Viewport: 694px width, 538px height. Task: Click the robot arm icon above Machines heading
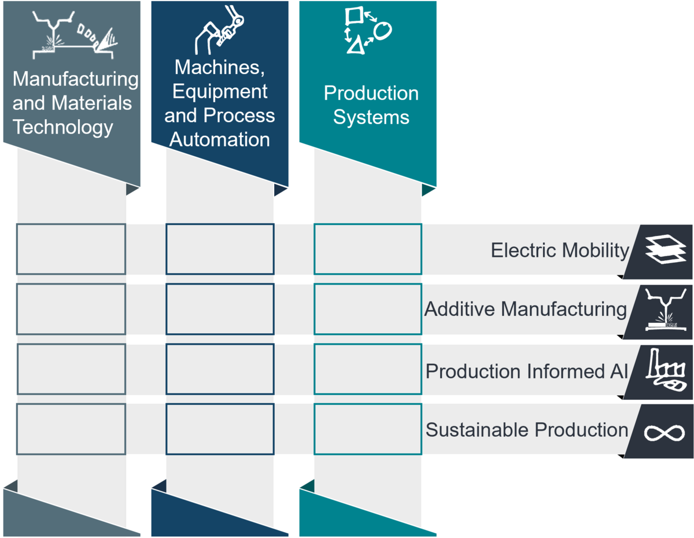[219, 30]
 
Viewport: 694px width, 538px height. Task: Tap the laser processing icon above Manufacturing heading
[75, 35]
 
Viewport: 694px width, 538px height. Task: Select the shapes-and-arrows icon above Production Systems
[368, 30]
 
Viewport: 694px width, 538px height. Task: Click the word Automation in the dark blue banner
[220, 139]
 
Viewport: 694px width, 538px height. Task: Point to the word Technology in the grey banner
[63, 127]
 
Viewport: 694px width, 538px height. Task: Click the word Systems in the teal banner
[371, 117]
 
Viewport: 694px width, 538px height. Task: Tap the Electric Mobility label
[560, 250]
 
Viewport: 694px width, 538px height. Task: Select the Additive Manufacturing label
[526, 309]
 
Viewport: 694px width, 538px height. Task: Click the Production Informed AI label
[527, 371]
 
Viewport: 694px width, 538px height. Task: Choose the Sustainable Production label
[527, 430]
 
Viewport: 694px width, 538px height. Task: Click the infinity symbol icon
[665, 433]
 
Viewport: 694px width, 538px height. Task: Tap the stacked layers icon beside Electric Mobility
[666, 249]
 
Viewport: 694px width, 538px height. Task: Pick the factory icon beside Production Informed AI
[666, 370]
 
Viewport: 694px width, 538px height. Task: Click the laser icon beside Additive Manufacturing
[666, 309]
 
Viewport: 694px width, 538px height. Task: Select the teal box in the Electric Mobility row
[368, 249]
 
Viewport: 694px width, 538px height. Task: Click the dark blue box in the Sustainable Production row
[220, 429]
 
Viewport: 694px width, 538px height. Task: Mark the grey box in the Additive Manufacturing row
[71, 309]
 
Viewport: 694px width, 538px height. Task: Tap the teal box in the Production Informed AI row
[368, 369]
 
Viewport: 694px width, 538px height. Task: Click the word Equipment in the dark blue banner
[220, 91]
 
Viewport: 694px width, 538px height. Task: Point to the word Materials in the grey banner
[91, 103]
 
